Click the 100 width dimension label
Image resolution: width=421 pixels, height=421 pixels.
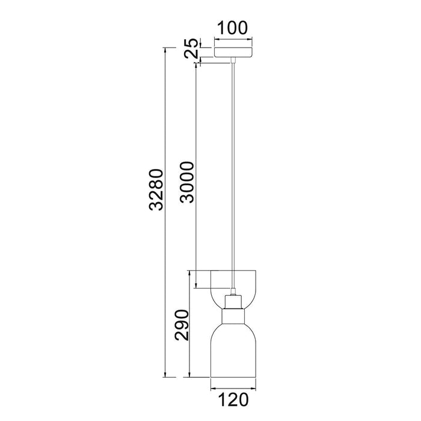click(233, 28)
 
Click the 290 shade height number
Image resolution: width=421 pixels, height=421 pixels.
click(183, 325)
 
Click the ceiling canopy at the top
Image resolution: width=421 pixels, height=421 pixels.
click(233, 49)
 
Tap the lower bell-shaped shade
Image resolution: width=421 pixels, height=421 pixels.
click(233, 352)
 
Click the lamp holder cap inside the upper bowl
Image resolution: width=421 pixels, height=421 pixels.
click(233, 301)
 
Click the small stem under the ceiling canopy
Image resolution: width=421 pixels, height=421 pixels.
click(233, 60)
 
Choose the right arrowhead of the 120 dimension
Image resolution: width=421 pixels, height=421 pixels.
click(254, 385)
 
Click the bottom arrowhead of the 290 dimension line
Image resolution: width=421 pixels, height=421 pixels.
click(191, 376)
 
